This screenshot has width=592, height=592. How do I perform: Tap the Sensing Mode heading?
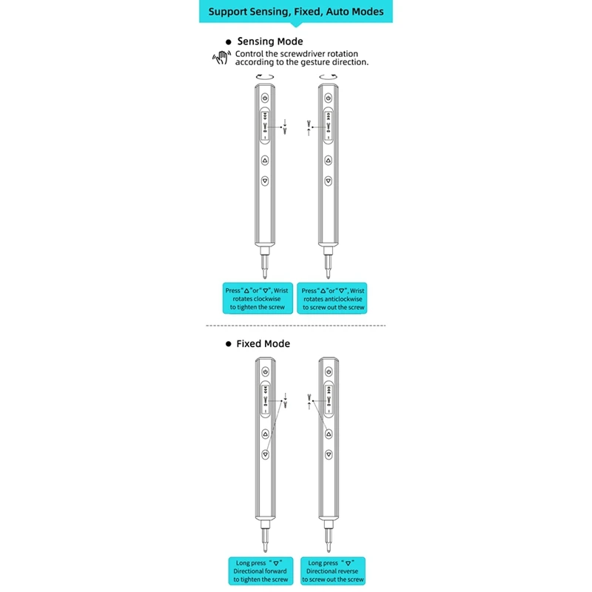[269, 41]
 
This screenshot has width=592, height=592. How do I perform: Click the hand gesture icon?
[219, 57]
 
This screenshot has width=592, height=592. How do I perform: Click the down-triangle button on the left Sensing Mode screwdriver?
[265, 180]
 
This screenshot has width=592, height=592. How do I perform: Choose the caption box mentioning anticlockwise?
[333, 299]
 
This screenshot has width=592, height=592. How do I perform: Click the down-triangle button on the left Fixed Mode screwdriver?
[265, 455]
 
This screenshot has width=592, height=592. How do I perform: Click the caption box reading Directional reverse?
[333, 571]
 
